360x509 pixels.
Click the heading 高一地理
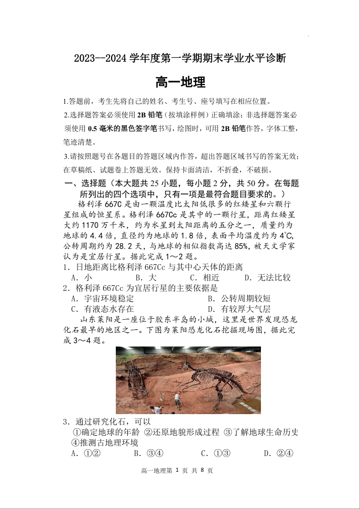click(x=180, y=82)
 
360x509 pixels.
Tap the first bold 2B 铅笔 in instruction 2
click(x=149, y=115)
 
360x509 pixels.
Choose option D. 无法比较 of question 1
click(x=267, y=277)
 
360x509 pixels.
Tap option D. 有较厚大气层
click(x=239, y=309)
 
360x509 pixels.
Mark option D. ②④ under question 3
click(x=278, y=453)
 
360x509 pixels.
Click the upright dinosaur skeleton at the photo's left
click(x=136, y=377)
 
